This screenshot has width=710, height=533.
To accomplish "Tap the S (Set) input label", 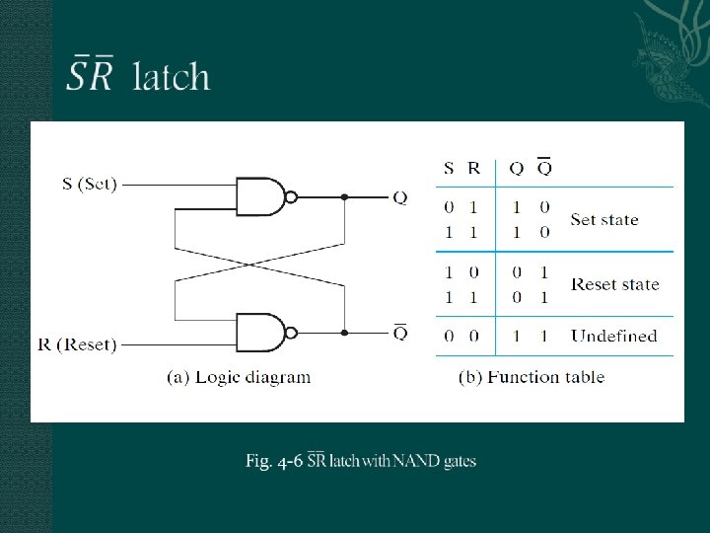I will [90, 184].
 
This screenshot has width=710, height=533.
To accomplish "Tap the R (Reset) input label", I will [77, 344].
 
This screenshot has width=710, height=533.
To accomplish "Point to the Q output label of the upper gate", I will [399, 197].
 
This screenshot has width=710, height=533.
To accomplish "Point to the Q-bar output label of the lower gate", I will [399, 332].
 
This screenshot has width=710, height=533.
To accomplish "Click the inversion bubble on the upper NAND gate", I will [291, 196].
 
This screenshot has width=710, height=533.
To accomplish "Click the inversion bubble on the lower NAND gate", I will [291, 333].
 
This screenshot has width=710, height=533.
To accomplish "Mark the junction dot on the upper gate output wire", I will [344, 196].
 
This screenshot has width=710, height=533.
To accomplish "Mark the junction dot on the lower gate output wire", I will [344, 333].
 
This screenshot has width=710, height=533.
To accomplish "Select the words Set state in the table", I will [604, 219].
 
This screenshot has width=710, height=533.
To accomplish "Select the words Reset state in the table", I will [615, 284].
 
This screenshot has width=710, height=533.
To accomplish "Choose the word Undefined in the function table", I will [613, 336].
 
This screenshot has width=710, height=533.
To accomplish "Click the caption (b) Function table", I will [532, 376].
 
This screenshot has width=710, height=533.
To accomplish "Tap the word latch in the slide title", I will [172, 76].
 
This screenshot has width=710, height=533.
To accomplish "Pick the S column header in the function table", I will [449, 168].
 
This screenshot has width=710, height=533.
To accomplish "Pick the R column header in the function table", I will [474, 168].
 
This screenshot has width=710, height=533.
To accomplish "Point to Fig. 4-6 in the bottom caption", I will [273, 461].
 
